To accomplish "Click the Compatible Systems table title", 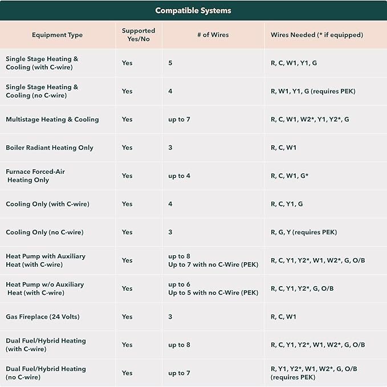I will pos(193,10).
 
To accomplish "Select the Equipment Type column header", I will pos(57,35).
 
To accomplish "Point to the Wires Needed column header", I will pos(317,35).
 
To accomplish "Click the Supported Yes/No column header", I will pos(138,35).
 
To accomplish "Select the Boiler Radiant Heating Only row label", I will pos(50,148).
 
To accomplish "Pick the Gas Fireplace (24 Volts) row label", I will pos(43,317).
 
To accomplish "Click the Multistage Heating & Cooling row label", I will pos(52,120).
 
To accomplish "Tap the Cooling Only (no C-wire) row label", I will pos(44,232).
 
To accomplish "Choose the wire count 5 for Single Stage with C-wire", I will pos(170,63).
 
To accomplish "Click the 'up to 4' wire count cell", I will pos(179,176).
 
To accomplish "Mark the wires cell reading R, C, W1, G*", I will pos(290,176).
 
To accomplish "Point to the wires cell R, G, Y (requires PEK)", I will pos(304,232).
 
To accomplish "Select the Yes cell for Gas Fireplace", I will pos(127,317).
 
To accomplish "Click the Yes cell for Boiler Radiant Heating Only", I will pos(127,148).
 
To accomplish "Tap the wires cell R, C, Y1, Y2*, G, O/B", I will pos(302,288).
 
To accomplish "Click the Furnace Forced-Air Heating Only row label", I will pos(35,176).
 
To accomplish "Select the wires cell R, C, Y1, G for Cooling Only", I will pos(287,204).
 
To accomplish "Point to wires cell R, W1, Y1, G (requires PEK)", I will pos(313,91).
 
